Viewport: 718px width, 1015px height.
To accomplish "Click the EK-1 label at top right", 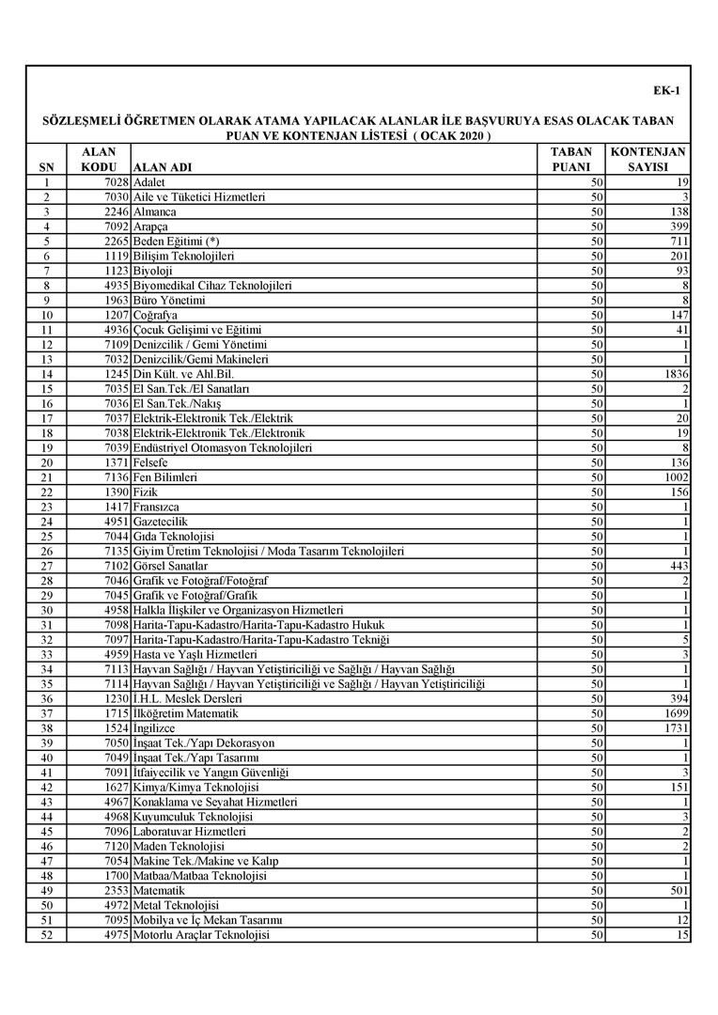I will tap(666, 91).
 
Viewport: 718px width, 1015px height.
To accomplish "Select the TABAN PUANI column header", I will tap(570, 159).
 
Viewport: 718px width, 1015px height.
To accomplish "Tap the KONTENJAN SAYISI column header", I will tap(648, 159).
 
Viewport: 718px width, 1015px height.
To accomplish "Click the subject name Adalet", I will tap(149, 182).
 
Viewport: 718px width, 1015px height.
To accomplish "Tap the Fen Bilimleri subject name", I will tap(165, 477).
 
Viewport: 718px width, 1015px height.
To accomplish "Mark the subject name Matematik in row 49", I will tap(160, 891).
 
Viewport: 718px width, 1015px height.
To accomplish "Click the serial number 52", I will tap(47, 935).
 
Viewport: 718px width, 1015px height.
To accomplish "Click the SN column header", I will tap(47, 167).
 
